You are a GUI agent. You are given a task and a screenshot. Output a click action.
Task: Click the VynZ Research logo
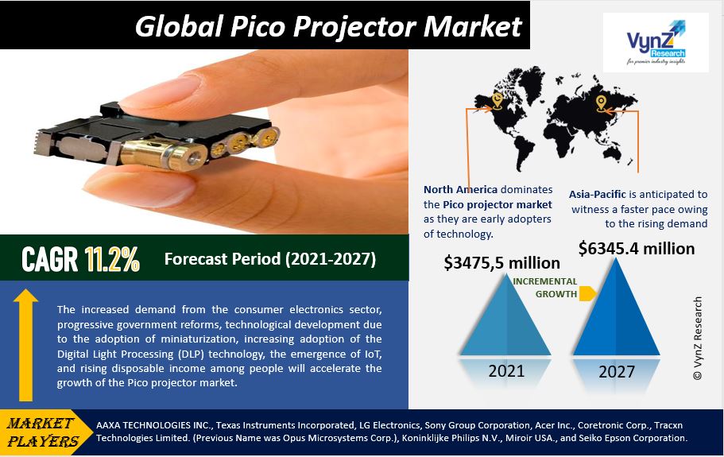click(656, 42)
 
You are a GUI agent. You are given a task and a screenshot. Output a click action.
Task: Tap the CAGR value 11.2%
click(112, 259)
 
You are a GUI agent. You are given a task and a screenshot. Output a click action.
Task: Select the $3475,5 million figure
click(502, 262)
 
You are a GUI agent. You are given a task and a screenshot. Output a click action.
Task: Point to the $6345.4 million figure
click(637, 248)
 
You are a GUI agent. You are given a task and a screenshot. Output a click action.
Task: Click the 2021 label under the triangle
click(506, 370)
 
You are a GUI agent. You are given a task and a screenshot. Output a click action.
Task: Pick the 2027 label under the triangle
click(617, 372)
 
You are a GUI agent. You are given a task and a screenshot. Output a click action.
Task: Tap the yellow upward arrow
click(26, 345)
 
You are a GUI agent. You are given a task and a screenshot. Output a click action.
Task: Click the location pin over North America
click(497, 100)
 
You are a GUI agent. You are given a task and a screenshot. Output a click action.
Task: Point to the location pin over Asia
click(601, 103)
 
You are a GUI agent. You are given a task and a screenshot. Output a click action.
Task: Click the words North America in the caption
click(460, 190)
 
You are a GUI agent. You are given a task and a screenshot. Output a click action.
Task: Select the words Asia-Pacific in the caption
click(598, 195)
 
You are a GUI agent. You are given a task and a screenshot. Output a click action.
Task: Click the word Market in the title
click(473, 26)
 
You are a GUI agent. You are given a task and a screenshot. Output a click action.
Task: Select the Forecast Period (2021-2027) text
click(270, 259)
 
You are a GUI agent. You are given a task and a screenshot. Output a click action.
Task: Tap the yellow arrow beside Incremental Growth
click(587, 293)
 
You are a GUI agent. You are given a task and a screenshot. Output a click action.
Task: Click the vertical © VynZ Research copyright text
click(697, 338)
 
